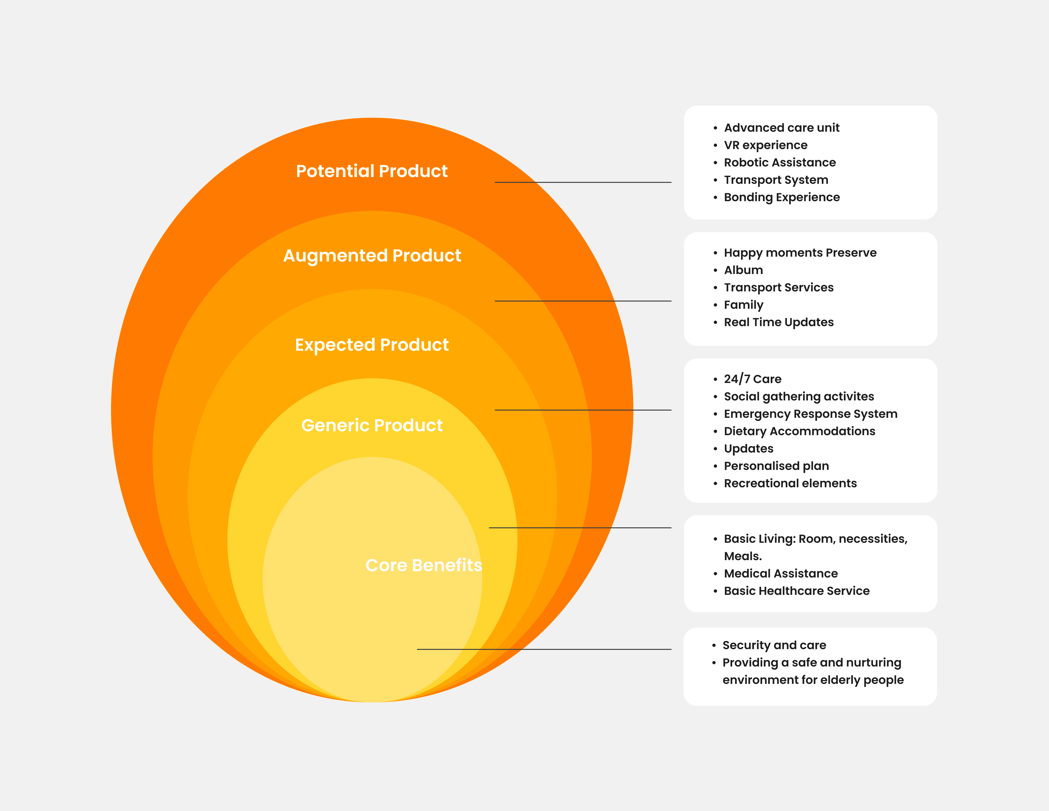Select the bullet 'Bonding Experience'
coord(782,197)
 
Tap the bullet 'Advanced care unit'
coord(782,128)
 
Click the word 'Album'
coord(743,270)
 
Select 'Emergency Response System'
coord(810,414)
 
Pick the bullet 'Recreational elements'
coord(790,483)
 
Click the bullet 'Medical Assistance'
coord(781,573)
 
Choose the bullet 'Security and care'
coord(774,645)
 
